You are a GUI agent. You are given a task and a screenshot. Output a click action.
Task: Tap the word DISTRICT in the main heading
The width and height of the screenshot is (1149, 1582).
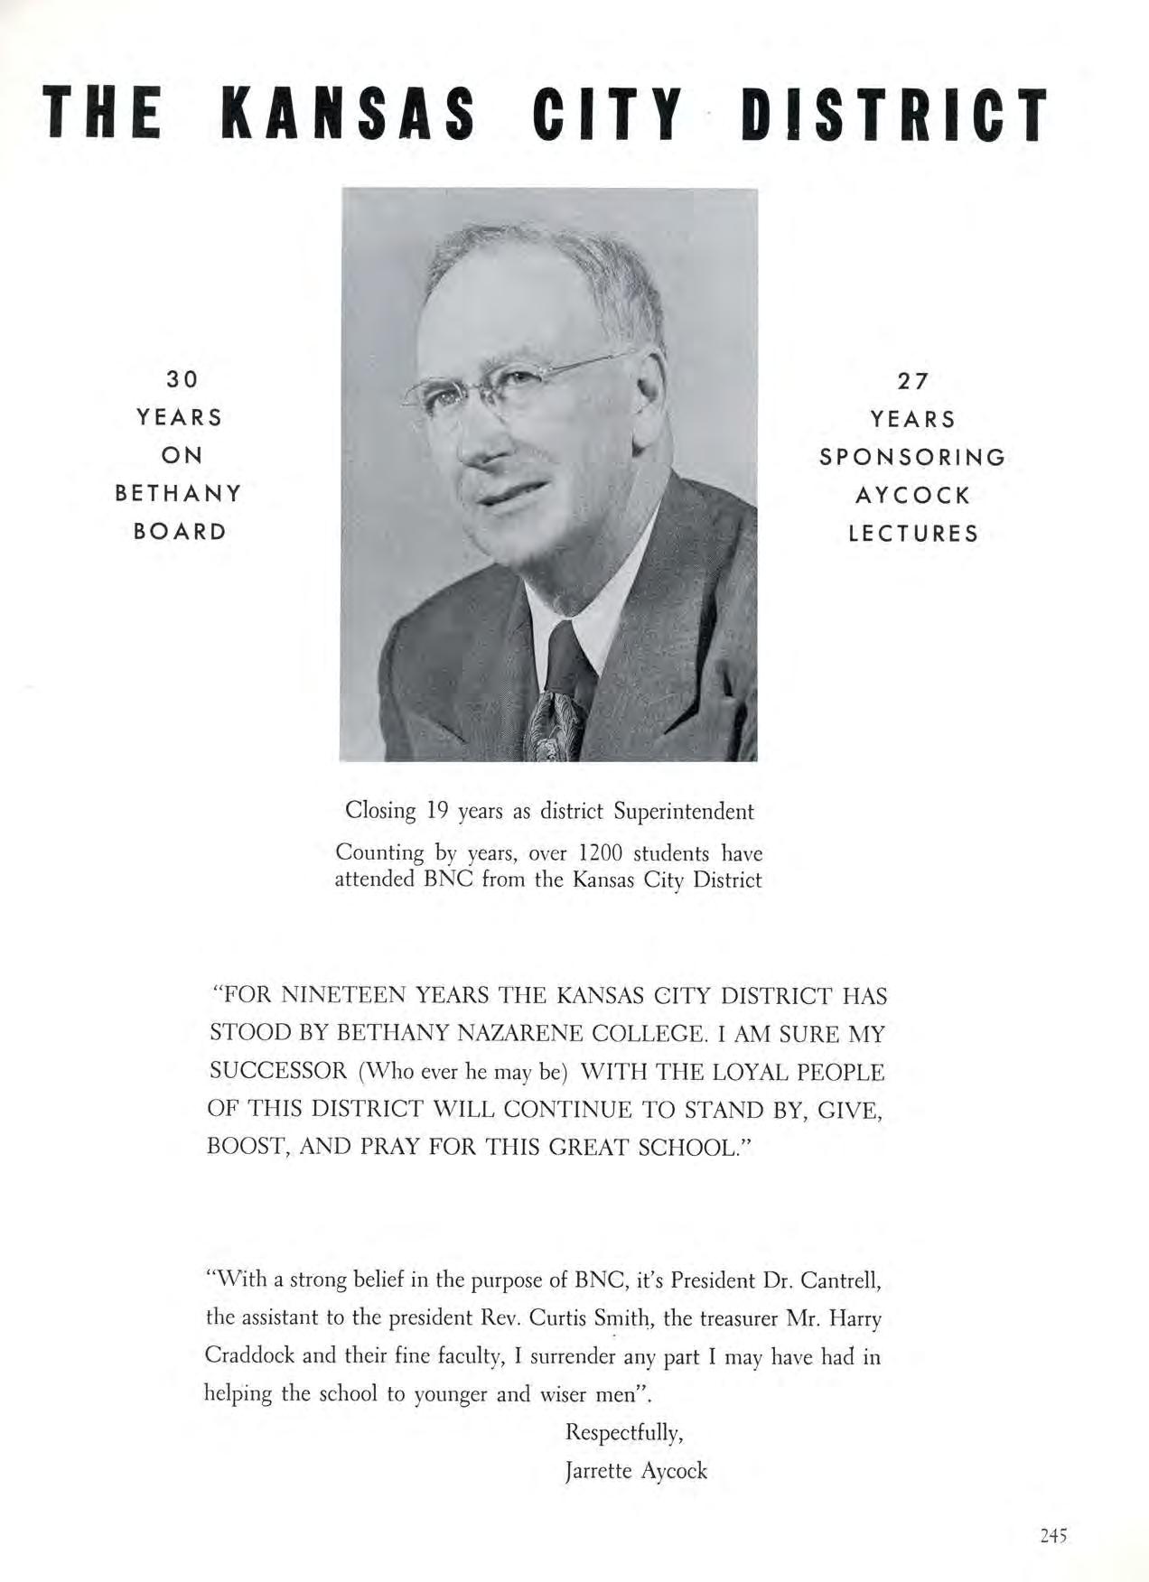[893, 116]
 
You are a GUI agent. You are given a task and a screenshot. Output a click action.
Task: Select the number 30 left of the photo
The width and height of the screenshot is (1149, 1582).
[182, 379]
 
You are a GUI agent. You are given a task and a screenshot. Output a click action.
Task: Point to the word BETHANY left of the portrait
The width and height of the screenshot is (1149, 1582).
[179, 493]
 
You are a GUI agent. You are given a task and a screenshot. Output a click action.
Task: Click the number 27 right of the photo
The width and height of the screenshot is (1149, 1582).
[912, 381]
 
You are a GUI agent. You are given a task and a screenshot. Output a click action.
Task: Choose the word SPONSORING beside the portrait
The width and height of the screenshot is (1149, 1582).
[912, 457]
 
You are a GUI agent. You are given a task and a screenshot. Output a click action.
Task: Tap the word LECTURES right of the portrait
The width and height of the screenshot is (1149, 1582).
[912, 534]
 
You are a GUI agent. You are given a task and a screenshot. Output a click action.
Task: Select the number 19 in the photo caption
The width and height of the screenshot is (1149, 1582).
[437, 811]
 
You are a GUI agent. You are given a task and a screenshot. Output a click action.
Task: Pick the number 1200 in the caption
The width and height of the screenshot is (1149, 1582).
[603, 853]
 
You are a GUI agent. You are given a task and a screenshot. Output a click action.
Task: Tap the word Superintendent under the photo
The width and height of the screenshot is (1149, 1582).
[683, 811]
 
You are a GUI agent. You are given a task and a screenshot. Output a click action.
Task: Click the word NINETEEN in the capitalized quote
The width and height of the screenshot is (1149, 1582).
[343, 996]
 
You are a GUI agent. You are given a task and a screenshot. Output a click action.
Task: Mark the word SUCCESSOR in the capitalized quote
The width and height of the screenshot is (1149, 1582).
[278, 1072]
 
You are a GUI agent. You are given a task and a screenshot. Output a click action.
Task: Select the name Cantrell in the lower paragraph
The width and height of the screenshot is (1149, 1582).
[839, 1280]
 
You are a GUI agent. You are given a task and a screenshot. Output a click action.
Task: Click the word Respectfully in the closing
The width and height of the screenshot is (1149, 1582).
[623, 1432]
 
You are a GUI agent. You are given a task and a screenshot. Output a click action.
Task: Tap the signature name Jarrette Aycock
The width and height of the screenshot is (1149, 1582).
[636, 1471]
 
